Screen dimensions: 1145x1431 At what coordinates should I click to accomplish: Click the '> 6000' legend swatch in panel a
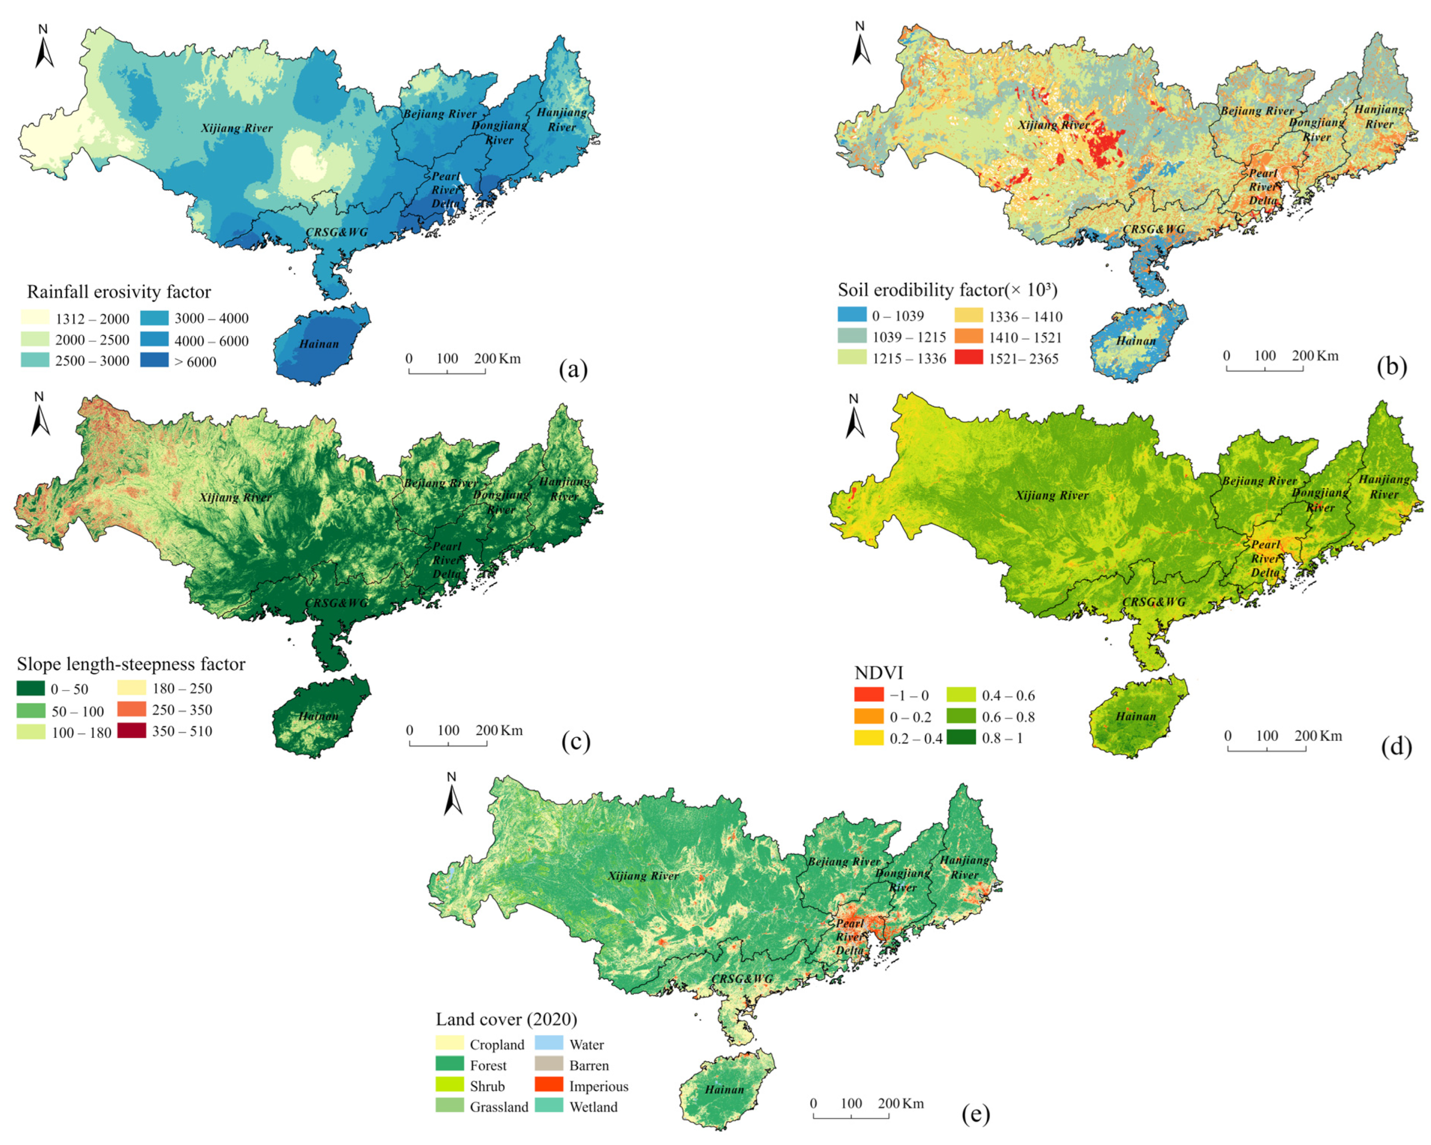154,360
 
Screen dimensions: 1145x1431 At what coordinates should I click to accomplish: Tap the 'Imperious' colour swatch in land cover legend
548,1084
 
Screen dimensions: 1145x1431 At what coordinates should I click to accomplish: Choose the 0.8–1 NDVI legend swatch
960,737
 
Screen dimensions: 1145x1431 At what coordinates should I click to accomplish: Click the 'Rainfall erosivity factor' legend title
119,292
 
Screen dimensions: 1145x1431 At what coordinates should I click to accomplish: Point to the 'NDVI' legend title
878,672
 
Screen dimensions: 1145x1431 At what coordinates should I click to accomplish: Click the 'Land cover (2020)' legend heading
506,1019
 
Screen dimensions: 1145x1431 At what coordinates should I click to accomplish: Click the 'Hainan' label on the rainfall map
318,344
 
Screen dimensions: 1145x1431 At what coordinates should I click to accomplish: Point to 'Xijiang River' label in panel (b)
1054,125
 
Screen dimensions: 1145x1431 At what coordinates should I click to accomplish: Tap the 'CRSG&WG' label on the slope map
336,603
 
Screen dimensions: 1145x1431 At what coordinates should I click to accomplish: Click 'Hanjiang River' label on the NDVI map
1384,487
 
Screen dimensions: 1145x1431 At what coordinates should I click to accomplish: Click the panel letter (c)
575,741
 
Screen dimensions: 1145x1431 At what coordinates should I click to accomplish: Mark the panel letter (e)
975,1114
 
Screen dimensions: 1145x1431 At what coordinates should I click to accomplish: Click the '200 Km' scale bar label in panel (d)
1317,735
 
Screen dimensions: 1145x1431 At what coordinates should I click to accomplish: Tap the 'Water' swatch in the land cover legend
548,1043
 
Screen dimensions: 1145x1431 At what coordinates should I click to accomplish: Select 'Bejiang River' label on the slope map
441,483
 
